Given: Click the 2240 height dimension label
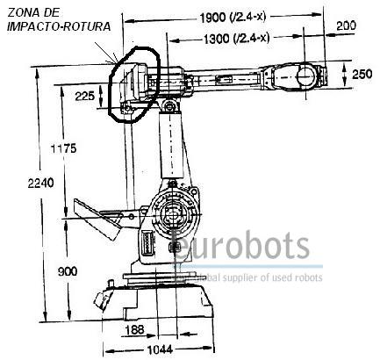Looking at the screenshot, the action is point(40,184).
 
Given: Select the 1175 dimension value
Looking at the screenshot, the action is point(63,148).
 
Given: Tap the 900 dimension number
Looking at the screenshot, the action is point(68,271).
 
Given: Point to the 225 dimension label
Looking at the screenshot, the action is point(85,96).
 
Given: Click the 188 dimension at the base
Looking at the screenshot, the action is point(134,330).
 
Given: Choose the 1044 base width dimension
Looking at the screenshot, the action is point(160,349).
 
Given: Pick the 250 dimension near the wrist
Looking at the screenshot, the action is point(362,75).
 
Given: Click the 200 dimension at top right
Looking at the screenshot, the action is point(346,25).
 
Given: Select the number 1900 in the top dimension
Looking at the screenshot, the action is point(212,18).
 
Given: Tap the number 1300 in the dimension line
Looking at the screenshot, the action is point(216,39).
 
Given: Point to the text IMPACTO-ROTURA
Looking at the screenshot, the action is point(59,26).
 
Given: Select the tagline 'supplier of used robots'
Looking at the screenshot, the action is point(272,277).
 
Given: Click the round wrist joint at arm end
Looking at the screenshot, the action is point(306,76).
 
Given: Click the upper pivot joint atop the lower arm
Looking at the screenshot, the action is point(169,106).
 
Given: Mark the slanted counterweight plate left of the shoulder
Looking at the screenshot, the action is point(97,218).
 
